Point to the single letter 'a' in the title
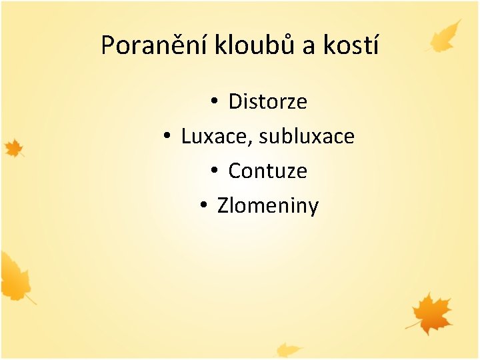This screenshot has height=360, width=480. point(309,47)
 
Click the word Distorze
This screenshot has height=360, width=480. point(267,102)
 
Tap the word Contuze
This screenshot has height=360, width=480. point(267,171)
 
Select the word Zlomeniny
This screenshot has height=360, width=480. point(268,206)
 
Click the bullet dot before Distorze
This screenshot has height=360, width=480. point(214,102)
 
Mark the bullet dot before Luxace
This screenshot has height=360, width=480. point(167,137)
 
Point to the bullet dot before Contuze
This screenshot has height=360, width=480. point(214,171)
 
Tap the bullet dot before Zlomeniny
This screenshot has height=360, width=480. point(203,206)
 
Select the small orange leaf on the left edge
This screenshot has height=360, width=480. point(13,148)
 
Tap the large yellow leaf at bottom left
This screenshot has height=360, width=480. point(15,276)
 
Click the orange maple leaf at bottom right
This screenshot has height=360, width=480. point(431,313)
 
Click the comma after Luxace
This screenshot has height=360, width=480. point(252,143)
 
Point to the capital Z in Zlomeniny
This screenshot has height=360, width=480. point(223,206)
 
